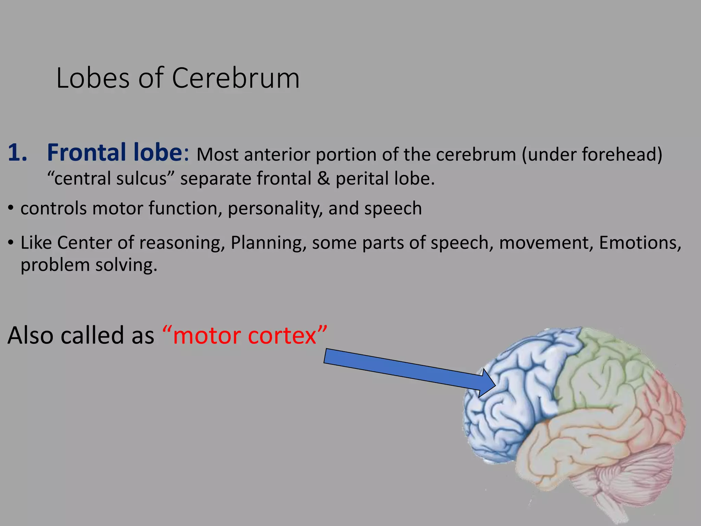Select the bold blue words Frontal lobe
(x=115, y=152)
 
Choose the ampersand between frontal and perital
(x=323, y=179)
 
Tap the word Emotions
(x=640, y=243)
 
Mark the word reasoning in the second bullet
(x=182, y=243)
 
